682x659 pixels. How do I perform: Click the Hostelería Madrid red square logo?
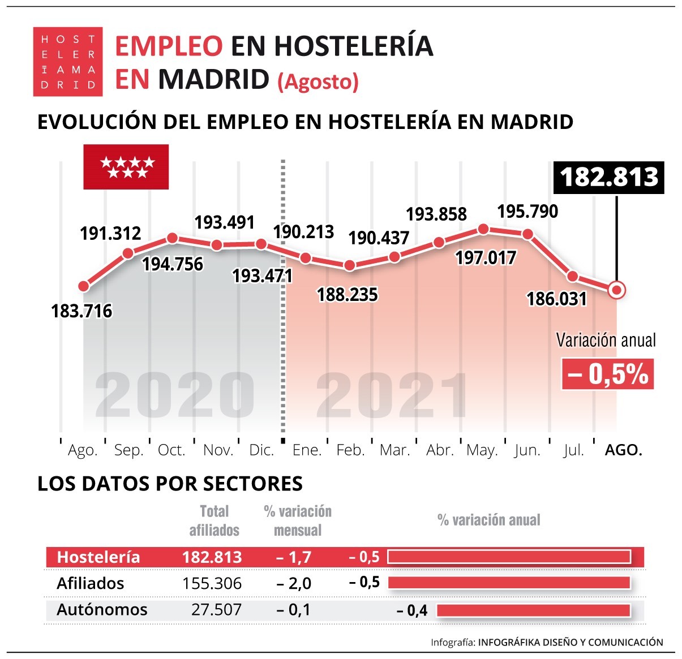[x=68, y=61]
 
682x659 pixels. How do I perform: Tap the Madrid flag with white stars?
[x=126, y=167]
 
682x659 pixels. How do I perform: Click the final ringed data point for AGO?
[x=617, y=290]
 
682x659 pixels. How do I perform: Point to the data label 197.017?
[x=486, y=259]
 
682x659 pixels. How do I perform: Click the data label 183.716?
[x=82, y=311]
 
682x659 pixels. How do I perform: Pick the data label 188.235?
[x=347, y=295]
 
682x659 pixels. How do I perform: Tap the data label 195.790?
[x=527, y=212]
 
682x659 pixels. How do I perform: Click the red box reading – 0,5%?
[x=607, y=374]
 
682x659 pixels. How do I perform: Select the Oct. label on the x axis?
[x=171, y=450]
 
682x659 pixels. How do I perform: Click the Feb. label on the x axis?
[x=350, y=450]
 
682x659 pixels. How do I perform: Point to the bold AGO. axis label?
[x=623, y=450]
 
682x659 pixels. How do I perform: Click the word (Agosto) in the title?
[x=318, y=82]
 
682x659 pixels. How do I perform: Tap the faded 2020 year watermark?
[x=174, y=395]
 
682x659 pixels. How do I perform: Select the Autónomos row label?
[x=102, y=609]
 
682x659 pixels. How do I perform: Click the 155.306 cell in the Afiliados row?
[x=212, y=583]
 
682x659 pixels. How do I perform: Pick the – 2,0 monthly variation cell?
[x=294, y=583]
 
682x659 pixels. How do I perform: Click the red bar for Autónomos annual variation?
[x=533, y=610]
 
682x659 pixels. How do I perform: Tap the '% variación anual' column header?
[x=489, y=520]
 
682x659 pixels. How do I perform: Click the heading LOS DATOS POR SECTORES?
[x=170, y=484]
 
